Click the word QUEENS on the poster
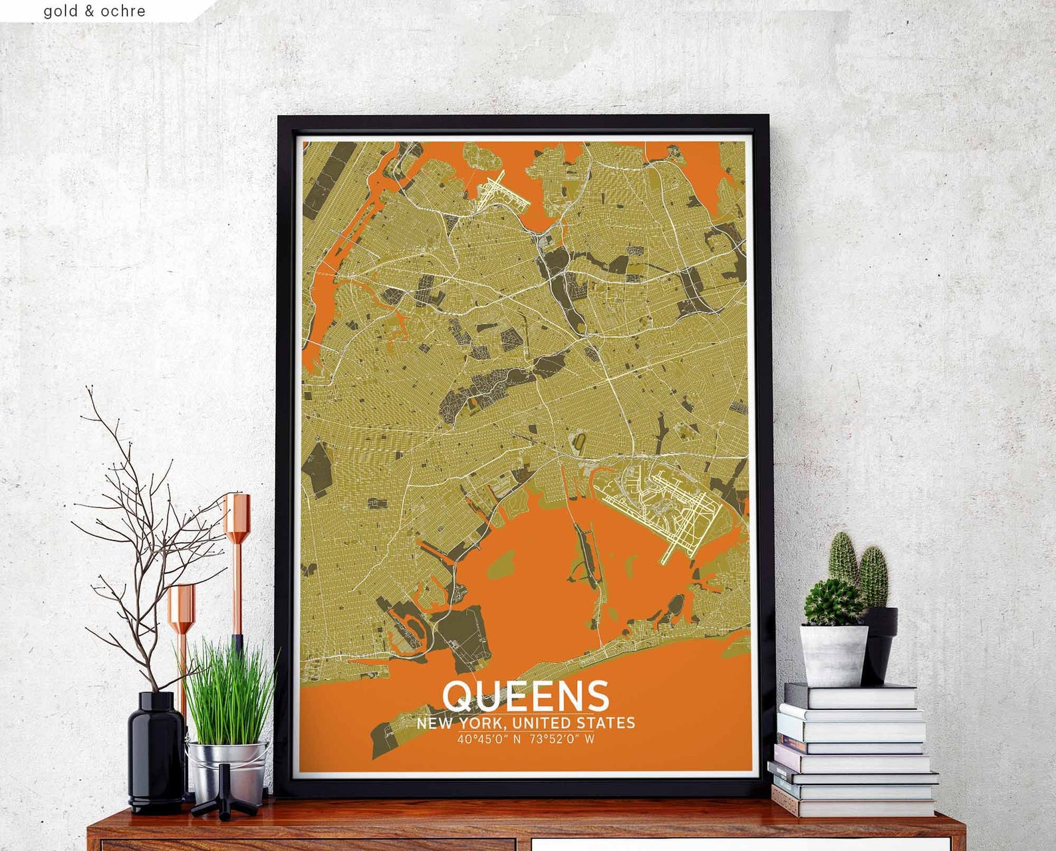coord(525,695)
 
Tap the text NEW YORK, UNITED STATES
coord(525,723)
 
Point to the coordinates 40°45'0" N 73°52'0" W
coord(525,739)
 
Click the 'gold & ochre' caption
coord(94,11)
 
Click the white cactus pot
coord(833,655)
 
